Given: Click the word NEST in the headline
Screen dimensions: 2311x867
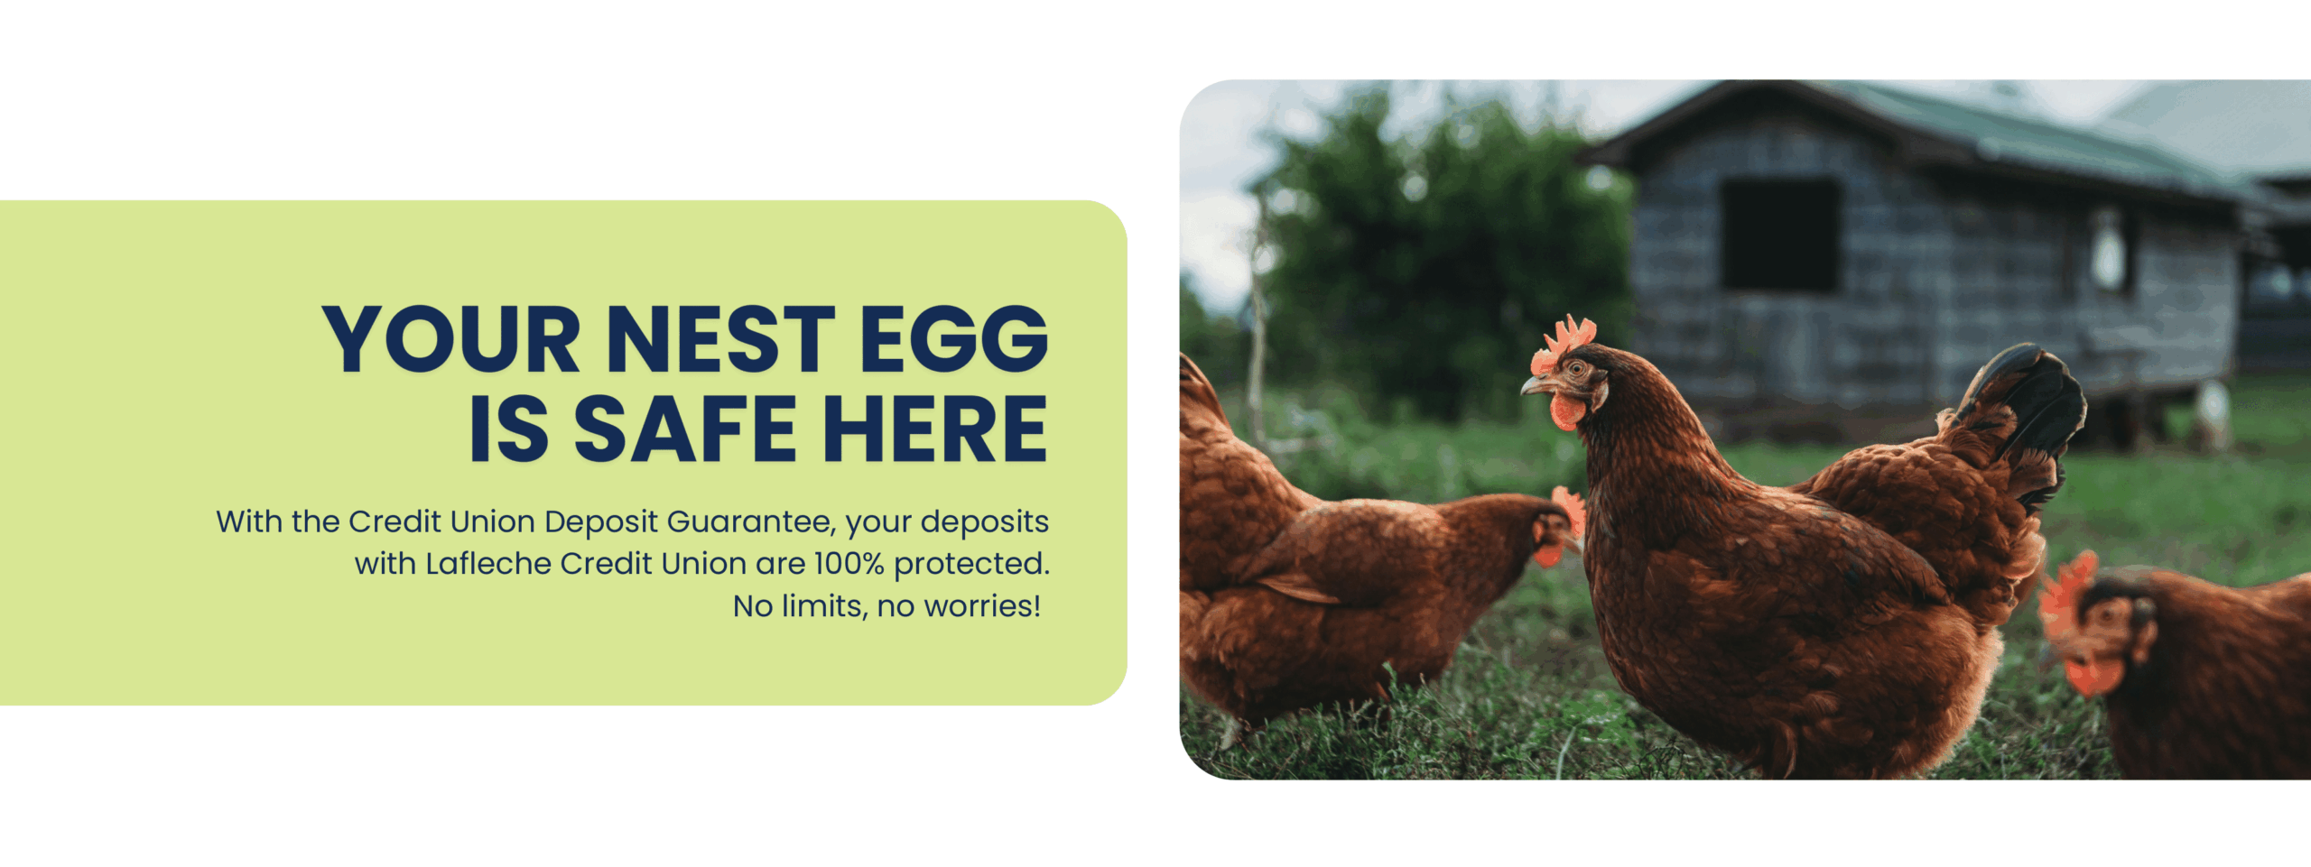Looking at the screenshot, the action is (x=720, y=339).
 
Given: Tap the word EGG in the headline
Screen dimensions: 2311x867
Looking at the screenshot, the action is (x=954, y=339).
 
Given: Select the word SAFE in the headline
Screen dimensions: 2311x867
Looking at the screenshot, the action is (x=685, y=429).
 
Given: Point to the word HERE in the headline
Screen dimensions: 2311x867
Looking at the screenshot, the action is (x=935, y=429).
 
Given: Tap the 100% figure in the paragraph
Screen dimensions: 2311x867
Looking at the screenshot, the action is (x=849, y=564).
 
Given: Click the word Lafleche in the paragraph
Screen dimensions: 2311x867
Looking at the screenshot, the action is (x=488, y=564).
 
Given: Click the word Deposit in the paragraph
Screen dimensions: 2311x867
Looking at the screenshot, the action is (x=601, y=523).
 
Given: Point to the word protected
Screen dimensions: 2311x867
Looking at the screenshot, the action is (x=972, y=565).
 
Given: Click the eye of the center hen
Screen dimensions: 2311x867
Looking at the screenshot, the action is (x=1577, y=368).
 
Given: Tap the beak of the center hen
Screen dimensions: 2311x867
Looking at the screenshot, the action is (x=1534, y=386).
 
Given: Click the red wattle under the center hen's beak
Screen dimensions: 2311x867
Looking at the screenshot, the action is (x=1566, y=411).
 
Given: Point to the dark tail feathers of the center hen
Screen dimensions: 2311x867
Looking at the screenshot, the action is (x=2027, y=406).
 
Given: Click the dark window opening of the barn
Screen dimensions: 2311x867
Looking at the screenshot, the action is (x=1779, y=235).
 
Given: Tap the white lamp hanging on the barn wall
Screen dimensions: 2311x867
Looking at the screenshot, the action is (x=2109, y=254).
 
